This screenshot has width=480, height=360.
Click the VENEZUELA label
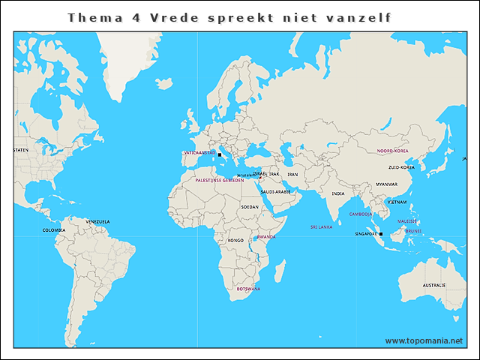tap(97, 221)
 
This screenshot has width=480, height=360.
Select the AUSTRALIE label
tap(433, 286)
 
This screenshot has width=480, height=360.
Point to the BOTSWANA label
tap(248, 289)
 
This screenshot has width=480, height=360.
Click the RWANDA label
tap(266, 237)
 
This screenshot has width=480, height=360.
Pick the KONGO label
tap(235, 241)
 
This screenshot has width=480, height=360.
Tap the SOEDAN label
tap(250, 206)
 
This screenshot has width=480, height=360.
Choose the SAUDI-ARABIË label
tap(275, 192)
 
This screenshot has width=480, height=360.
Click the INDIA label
tap(338, 193)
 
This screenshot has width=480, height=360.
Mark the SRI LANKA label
tap(321, 226)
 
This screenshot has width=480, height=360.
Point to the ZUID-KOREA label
tap(402, 167)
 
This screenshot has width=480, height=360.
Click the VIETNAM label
tap(397, 202)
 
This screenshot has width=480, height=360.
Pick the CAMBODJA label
tap(361, 214)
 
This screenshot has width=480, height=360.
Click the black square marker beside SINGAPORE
tap(381, 235)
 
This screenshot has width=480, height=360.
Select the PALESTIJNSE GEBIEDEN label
tap(219, 180)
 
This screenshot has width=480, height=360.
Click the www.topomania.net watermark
tap(424, 340)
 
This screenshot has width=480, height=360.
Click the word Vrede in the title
tap(177, 16)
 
